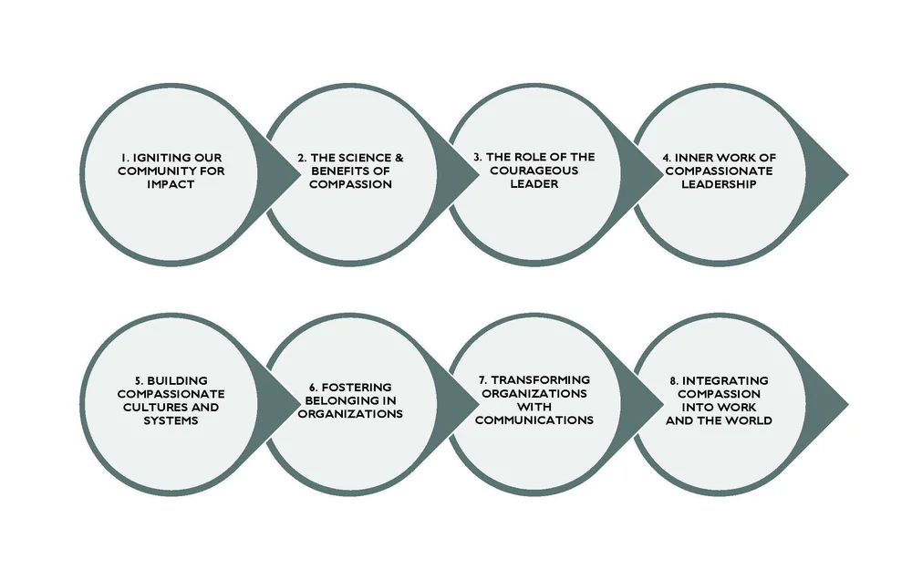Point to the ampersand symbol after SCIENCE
click(399, 157)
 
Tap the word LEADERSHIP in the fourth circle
click(718, 184)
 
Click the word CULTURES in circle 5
click(150, 407)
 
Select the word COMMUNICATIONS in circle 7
click(534, 420)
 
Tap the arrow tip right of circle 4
click(846, 171)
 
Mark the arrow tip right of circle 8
click(846, 400)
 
